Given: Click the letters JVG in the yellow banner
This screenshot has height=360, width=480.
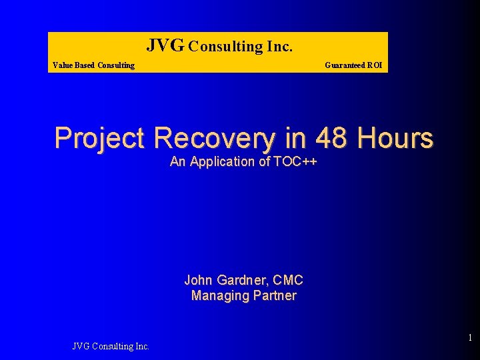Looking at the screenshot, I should [165, 45].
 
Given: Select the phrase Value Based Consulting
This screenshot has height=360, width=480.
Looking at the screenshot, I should [93, 65].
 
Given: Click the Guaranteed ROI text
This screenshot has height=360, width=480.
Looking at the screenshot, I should [353, 65].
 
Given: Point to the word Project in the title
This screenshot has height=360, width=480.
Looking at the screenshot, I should [99, 138].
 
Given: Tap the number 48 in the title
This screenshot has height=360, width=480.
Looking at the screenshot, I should [332, 138].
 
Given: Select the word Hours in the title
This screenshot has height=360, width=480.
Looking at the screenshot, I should [395, 138].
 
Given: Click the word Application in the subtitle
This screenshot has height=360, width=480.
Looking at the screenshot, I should [223, 161].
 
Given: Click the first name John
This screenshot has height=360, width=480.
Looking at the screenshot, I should [198, 280].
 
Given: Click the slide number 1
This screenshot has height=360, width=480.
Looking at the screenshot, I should [469, 338].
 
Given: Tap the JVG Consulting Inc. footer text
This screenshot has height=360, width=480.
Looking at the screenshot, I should [111, 345].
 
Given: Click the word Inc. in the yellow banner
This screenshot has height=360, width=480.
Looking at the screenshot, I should [279, 47].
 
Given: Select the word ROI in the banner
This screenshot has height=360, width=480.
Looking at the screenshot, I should [374, 65].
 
